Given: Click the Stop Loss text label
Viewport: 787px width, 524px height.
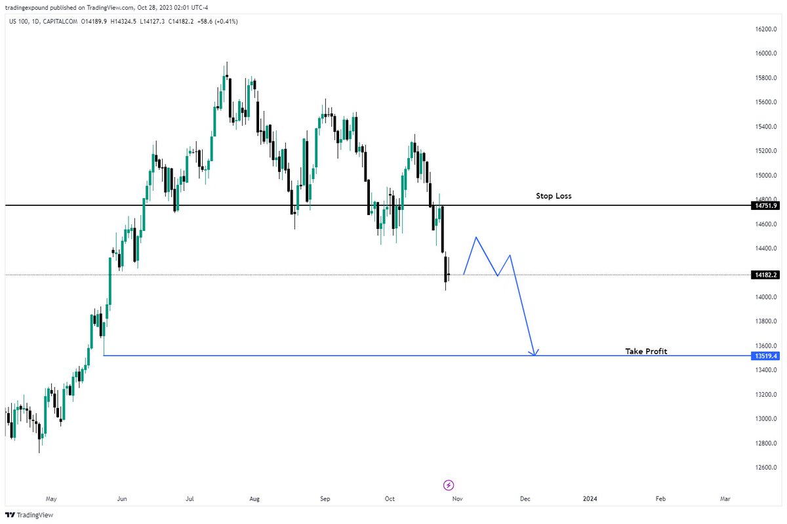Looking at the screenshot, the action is (554, 195).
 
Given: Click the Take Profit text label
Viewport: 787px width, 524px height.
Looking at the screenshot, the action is (646, 351).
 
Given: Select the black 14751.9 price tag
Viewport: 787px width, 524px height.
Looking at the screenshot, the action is (765, 205).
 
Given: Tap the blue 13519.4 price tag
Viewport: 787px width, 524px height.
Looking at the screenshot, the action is (765, 356).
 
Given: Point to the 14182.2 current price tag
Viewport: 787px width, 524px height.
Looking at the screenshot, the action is (765, 275).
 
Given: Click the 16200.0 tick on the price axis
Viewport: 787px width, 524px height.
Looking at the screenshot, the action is (766, 29).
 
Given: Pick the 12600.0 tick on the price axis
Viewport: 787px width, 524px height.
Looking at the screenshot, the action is (766, 468).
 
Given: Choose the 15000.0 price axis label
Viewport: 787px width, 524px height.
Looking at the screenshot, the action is (766, 175).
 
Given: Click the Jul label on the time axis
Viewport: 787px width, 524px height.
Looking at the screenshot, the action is (190, 498).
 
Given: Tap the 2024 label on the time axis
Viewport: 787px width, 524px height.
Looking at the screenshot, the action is (590, 498).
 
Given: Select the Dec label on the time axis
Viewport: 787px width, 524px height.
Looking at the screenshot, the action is (525, 498).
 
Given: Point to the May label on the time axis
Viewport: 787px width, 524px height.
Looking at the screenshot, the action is (51, 498).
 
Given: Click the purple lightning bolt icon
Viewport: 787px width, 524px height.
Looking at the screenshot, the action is (449, 485).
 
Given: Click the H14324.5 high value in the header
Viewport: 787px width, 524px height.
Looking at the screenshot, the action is (123, 22).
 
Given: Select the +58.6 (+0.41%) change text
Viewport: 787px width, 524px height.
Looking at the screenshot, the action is (218, 22).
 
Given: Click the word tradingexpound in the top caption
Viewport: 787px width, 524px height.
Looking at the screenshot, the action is (27, 7).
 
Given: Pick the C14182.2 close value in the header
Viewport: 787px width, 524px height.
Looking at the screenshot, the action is (181, 22).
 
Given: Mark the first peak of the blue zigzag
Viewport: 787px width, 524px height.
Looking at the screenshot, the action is (476, 237).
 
